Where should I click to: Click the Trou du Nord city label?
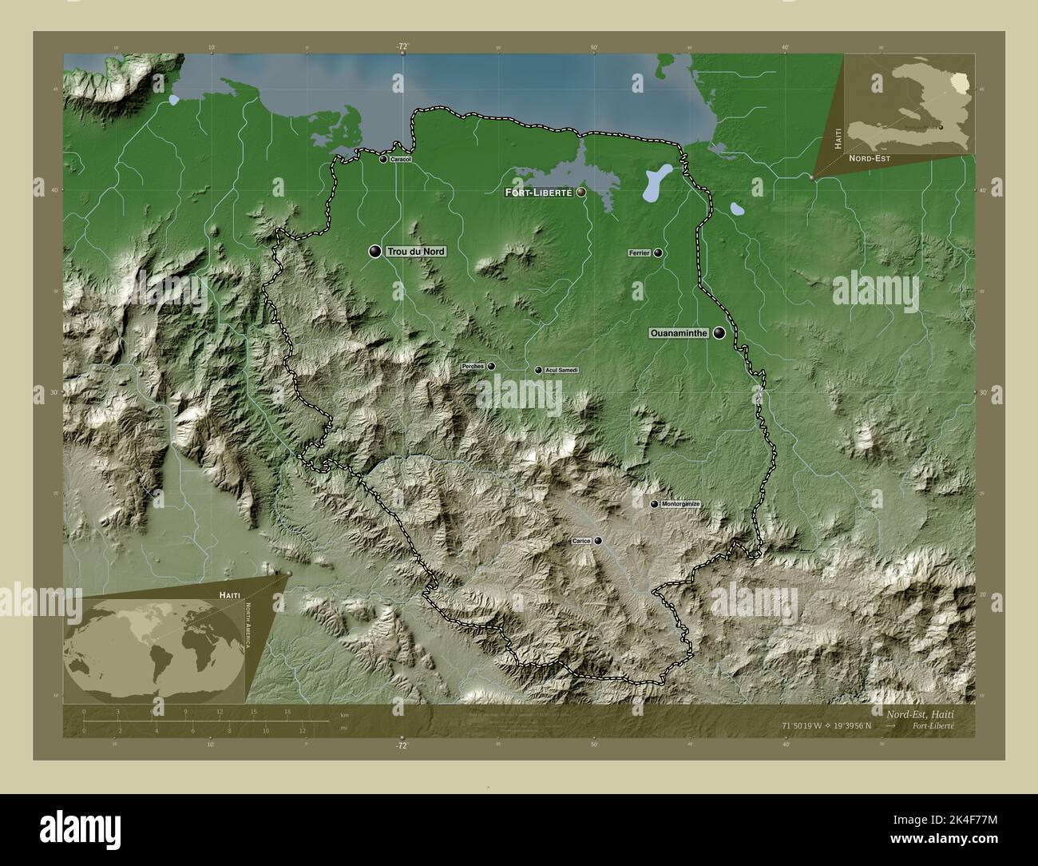(x=415, y=252)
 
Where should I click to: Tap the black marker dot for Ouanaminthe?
(x=720, y=333)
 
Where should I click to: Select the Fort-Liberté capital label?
(x=538, y=193)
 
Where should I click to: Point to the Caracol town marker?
(x=384, y=160)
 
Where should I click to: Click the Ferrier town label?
(x=639, y=253)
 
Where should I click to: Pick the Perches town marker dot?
(x=491, y=366)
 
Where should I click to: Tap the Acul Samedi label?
(x=561, y=371)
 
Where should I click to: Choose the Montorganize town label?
(x=680, y=505)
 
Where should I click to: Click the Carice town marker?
(x=598, y=541)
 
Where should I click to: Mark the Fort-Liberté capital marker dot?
(x=581, y=193)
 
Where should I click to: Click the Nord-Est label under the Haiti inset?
(x=870, y=159)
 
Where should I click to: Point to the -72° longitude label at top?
(x=402, y=46)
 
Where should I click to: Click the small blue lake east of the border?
(x=737, y=209)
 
